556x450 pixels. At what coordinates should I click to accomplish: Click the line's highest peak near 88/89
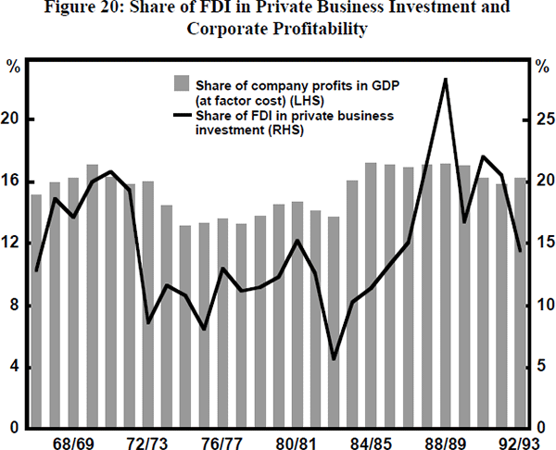pos(446,80)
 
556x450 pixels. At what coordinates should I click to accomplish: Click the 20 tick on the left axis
pos(15,119)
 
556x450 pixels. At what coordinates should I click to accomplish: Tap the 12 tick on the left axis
pos(15,244)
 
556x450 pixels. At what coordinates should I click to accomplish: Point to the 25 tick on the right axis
pos(545,119)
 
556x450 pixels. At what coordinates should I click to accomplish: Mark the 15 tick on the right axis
pos(545,244)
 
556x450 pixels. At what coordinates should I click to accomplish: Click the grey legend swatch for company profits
pos(182,85)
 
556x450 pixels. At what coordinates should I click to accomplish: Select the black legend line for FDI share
pos(182,118)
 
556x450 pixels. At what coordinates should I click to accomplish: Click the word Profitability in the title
pos(317,30)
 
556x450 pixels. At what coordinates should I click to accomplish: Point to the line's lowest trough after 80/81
pos(334,358)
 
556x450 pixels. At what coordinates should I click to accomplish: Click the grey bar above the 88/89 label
pos(446,296)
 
